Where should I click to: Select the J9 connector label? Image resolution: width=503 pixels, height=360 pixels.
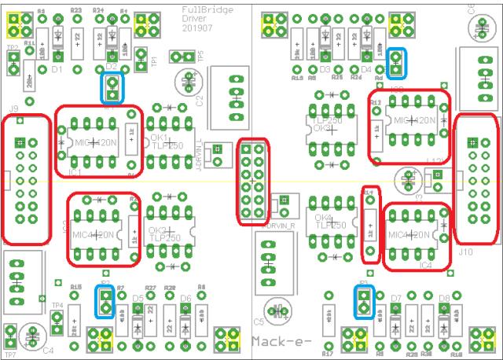click(13, 108)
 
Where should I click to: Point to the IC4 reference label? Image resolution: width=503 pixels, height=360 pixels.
click(426, 266)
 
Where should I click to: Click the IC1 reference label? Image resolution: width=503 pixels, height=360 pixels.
click(75, 171)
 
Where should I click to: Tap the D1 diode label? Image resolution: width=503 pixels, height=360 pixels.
click(57, 69)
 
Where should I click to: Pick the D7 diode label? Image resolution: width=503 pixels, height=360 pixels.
click(395, 298)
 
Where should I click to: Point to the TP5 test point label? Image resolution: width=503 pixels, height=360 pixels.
click(200, 57)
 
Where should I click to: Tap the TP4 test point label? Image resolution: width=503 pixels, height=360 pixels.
click(57, 305)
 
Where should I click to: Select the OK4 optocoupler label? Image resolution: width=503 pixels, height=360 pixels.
click(319, 218)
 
